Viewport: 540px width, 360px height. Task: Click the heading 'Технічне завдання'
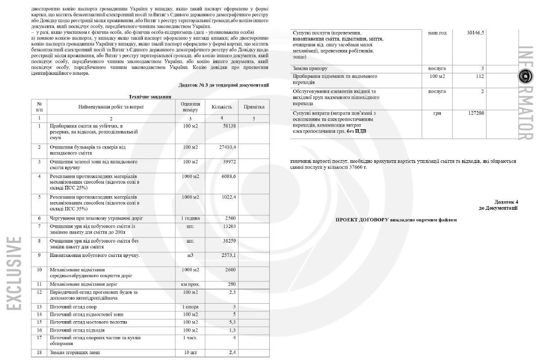pos(149,96)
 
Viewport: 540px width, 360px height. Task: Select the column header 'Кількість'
pos(221,107)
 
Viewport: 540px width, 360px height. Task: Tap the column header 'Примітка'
pos(254,107)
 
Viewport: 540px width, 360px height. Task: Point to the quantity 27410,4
pos(227,147)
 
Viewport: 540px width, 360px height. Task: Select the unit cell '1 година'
pos(190,218)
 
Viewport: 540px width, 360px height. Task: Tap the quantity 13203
pos(227,226)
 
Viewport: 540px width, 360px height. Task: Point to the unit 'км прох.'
pos(190,284)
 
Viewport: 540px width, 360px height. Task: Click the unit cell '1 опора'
pos(190,307)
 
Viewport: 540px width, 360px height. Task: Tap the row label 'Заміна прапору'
pos(310,68)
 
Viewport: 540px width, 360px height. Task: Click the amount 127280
pos(475,112)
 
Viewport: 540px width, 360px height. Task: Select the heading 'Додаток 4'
pos(506,202)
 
